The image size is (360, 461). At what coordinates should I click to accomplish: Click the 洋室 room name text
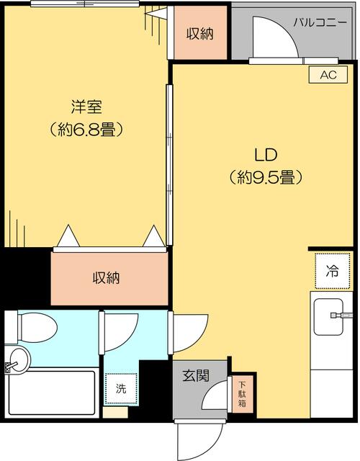tap(86, 108)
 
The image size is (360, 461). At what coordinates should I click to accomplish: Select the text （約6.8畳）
tap(86, 130)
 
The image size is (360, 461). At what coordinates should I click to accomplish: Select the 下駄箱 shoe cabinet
tap(242, 394)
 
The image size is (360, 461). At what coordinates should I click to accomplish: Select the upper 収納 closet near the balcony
tap(199, 33)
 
